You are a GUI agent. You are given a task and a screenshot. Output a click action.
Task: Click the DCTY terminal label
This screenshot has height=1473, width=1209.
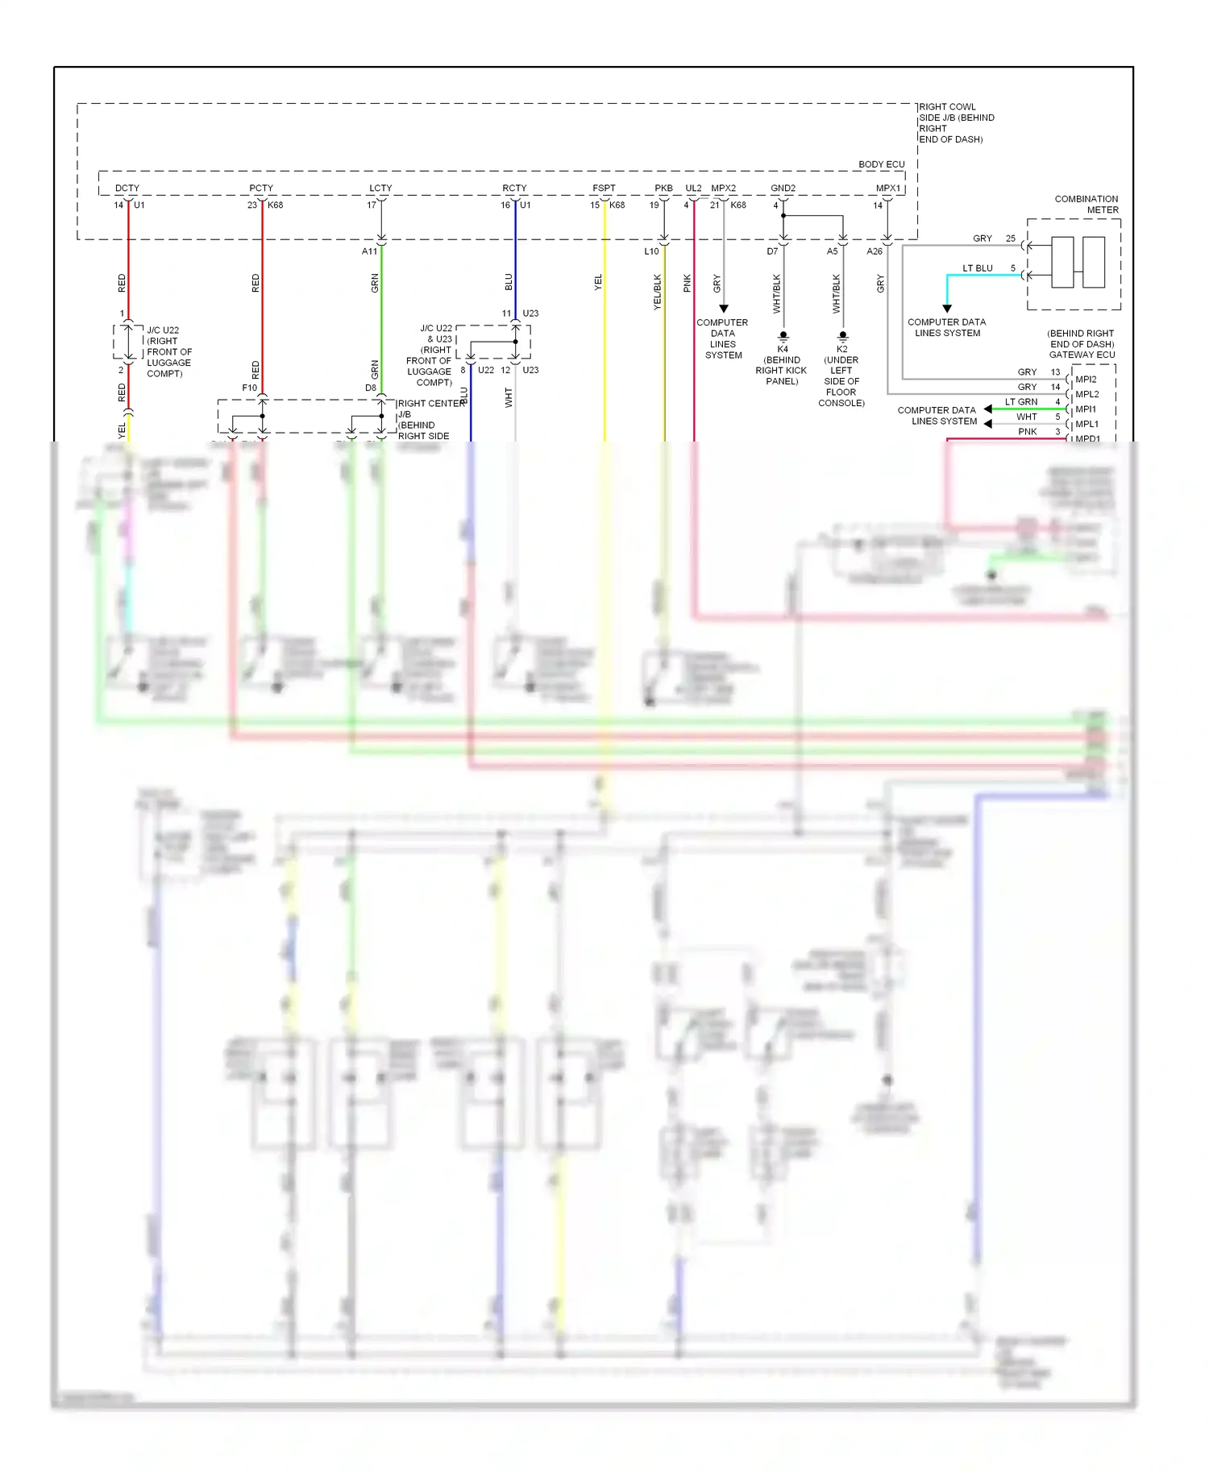127,188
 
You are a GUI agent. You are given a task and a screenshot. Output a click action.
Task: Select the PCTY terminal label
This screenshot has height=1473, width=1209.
261,188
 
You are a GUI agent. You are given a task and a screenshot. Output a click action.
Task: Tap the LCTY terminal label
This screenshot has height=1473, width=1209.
380,188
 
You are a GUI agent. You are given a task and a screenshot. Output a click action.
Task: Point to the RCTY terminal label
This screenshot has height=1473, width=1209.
514,188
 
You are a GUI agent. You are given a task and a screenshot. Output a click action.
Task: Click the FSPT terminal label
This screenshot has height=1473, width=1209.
604,188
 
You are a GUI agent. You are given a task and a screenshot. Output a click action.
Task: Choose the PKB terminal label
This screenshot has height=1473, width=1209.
663,188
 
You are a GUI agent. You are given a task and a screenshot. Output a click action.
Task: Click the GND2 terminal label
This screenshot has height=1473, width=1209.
783,188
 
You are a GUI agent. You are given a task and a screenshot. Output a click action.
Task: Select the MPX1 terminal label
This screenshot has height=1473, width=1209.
887,188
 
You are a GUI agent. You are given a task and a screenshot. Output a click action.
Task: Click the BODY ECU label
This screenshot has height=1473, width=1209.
881,164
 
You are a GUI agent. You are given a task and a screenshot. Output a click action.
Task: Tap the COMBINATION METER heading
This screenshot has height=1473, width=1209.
1086,204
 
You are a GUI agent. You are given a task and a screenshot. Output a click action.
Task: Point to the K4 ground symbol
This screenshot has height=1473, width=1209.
783,336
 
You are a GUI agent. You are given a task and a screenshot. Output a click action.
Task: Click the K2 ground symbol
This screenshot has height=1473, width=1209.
842,336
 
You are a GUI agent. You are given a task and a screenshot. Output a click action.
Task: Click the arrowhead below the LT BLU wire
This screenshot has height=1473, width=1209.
947,309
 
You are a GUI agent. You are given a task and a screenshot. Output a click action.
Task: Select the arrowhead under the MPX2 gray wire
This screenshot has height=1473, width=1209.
724,309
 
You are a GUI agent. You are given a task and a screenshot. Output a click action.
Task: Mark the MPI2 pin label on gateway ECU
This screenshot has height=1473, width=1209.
1086,379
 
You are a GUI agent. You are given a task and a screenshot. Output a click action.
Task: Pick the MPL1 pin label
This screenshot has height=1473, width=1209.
1086,424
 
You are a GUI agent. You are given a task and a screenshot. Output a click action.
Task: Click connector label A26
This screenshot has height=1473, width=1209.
875,251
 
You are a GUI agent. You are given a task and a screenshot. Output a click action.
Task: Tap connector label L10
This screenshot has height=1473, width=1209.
651,251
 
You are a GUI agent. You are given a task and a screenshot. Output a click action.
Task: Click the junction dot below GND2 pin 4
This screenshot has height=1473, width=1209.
783,216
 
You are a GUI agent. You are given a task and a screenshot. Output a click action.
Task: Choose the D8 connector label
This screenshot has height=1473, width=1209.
371,388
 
